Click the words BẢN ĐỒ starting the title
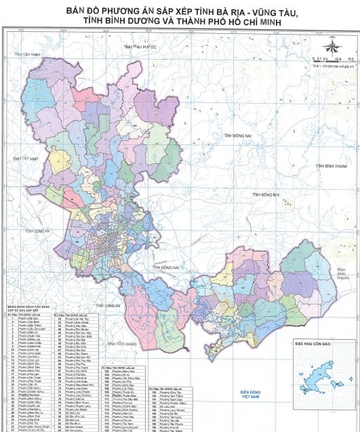coord(83,12)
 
